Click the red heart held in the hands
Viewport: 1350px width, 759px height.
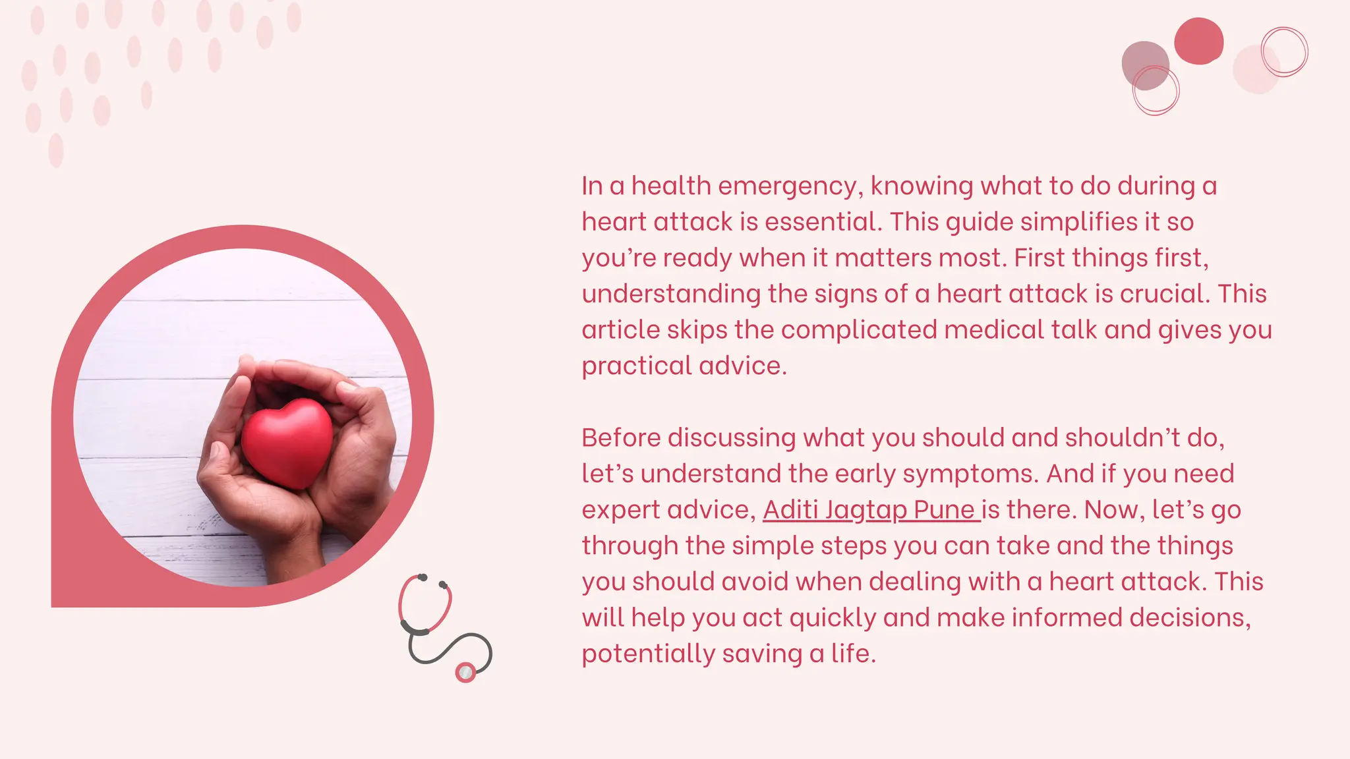[x=287, y=443]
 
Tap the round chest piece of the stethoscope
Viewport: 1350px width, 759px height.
[x=465, y=672]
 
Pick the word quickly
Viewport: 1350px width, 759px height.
[x=833, y=618]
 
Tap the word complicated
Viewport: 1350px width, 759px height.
[x=859, y=330]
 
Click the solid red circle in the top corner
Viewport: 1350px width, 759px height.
[x=1198, y=41]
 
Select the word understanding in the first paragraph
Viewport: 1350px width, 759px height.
[x=671, y=294]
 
